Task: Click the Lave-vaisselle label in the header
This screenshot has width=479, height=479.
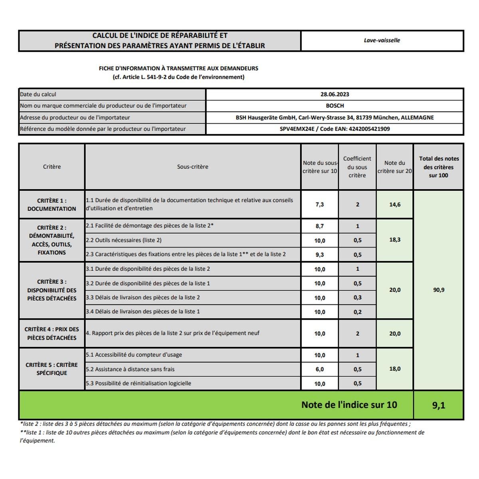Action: (x=382, y=40)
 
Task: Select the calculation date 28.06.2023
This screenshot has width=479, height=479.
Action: (x=335, y=95)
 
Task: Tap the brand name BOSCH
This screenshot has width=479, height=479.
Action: (x=335, y=106)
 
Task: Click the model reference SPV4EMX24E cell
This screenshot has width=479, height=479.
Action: (x=335, y=129)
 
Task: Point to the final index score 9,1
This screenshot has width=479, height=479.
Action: (x=438, y=406)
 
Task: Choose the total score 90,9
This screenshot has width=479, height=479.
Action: (x=438, y=290)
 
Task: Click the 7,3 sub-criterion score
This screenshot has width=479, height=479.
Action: (x=319, y=204)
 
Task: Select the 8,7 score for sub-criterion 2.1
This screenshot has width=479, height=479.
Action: (x=319, y=226)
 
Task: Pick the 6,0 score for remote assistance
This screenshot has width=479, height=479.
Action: (x=319, y=370)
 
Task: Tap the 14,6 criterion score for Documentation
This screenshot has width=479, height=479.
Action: (x=395, y=204)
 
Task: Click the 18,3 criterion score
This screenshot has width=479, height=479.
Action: (x=395, y=240)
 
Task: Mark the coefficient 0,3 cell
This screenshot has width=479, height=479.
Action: (x=357, y=298)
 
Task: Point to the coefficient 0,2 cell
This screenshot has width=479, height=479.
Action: (x=357, y=312)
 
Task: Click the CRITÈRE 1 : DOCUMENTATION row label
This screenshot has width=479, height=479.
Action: (x=52, y=205)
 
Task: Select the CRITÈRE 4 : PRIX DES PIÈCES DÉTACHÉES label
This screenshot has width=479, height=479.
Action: (x=52, y=334)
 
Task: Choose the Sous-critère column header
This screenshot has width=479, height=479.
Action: (x=192, y=167)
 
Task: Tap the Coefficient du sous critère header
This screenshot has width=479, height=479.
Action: (x=357, y=167)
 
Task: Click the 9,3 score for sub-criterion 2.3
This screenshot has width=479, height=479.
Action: (x=319, y=255)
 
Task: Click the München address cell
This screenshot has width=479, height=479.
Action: (x=335, y=118)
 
